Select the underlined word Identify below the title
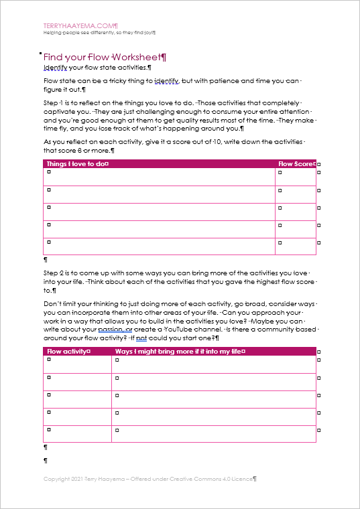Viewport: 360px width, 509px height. point(56,68)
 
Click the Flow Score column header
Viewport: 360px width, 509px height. point(296,163)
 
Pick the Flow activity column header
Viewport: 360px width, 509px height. point(68,351)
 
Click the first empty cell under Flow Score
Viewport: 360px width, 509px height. point(295,177)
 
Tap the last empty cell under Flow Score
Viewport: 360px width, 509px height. point(295,246)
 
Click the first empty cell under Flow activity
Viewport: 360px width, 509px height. point(78,364)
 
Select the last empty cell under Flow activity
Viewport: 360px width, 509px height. point(78,433)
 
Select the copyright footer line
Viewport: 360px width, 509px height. point(150,479)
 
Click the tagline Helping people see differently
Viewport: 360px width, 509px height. point(100,32)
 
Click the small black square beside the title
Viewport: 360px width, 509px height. point(41,53)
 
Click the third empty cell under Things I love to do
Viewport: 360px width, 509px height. point(159,212)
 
